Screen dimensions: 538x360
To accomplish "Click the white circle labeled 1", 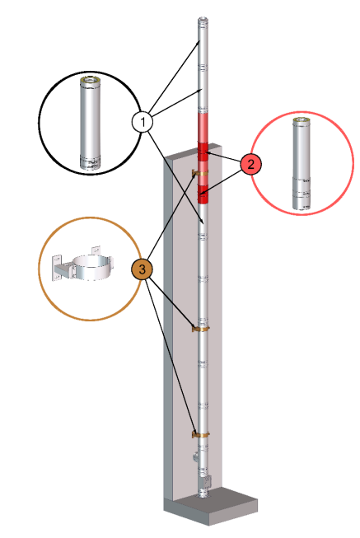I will pos(143,122).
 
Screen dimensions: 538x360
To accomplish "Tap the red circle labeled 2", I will pos(250,163).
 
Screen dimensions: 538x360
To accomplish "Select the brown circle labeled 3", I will pos(143,269).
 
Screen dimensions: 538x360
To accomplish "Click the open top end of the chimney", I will pos(202,20).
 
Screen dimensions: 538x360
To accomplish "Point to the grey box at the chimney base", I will pos(207,480).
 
